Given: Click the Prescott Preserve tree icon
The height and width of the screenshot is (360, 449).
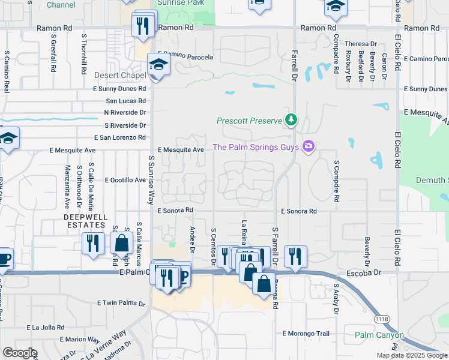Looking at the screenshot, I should (291, 120).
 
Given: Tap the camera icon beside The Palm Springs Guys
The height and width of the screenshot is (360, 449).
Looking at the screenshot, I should (309, 147).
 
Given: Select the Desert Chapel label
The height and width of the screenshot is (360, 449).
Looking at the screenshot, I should (121, 76).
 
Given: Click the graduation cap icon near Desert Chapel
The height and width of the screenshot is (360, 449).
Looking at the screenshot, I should (158, 66).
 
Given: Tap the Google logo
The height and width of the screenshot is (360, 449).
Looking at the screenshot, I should (20, 353).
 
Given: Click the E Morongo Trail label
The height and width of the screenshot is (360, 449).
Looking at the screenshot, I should (306, 334).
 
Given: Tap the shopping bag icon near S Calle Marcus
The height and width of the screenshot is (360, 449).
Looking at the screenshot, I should (121, 244).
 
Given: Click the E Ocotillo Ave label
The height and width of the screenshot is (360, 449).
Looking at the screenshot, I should (125, 180).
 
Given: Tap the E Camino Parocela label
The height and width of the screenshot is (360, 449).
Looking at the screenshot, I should (185, 56).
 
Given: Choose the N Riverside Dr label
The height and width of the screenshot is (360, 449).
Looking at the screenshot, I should (125, 112).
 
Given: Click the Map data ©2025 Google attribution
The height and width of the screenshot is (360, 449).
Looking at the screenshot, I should (411, 355).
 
